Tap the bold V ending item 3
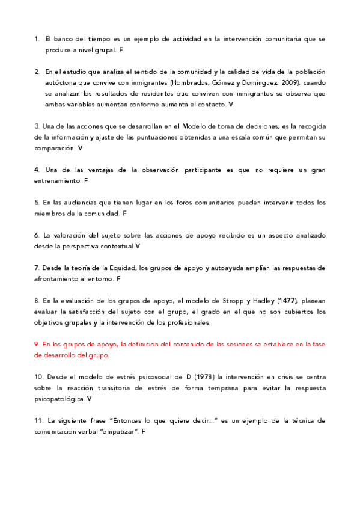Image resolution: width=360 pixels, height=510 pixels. click(81, 147)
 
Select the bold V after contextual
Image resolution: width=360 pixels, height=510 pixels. click(138, 246)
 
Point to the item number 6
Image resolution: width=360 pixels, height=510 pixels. click(37, 235)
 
